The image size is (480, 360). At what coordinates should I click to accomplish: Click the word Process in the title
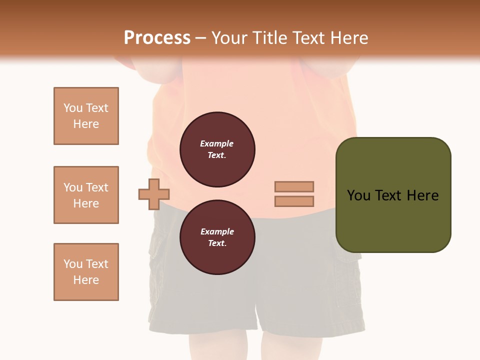tap(157, 38)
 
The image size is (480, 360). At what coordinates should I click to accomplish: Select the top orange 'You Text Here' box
tap(86, 116)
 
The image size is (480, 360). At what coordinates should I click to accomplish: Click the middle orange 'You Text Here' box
tap(86, 195)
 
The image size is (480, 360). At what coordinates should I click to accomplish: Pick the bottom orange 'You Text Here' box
tap(86, 272)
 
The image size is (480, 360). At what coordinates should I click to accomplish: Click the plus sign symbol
tap(154, 194)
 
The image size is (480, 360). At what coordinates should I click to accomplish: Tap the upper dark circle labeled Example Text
tap(217, 149)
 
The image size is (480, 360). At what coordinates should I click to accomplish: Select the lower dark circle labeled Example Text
tap(217, 237)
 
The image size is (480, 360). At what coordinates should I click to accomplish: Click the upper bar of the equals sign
tap(294, 186)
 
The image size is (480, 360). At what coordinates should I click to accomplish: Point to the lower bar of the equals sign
tap(294, 201)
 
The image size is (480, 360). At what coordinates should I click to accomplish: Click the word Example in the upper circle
tap(217, 143)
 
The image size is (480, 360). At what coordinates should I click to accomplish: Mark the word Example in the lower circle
tap(217, 231)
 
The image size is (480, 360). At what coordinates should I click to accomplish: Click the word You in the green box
tap(359, 195)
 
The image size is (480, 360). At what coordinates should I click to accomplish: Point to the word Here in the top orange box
tap(86, 124)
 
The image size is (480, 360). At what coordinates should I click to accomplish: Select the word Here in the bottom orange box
tap(86, 280)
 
